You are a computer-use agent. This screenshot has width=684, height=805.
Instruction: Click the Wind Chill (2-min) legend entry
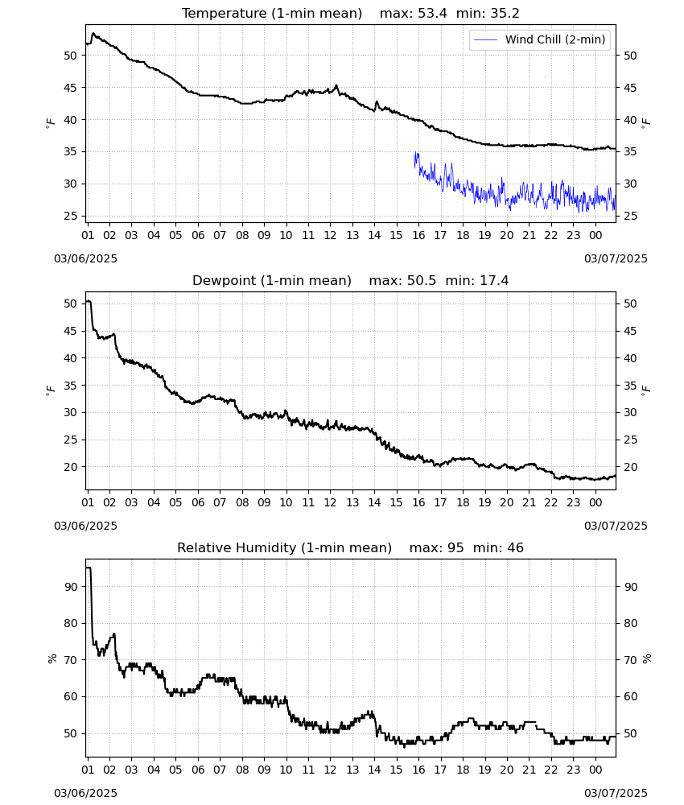point(540,39)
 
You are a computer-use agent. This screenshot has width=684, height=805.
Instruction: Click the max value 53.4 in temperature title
point(432,14)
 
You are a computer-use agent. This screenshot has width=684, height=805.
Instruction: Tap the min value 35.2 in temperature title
point(505,14)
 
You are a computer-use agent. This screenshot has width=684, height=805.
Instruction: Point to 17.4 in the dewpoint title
point(494,281)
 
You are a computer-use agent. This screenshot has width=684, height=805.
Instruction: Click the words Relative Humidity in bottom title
point(237,547)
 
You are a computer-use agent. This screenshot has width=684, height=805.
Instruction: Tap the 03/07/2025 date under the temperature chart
point(616,258)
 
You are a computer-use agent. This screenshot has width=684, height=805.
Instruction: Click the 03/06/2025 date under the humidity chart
point(85,793)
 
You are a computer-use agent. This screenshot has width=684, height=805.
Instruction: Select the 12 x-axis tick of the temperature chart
point(330,235)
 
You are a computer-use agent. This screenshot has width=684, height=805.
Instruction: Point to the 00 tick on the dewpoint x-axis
point(595,502)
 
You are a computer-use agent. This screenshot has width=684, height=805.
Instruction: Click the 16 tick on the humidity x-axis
point(418,770)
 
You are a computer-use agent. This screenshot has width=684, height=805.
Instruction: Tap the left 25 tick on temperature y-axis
point(70,216)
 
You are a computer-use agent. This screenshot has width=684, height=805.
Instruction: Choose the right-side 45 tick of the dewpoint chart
point(630,331)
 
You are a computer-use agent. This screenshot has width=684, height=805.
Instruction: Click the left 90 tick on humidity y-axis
point(70,587)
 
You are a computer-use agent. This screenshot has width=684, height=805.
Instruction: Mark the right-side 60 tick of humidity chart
point(630,696)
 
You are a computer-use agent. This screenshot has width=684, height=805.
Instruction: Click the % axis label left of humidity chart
point(52,658)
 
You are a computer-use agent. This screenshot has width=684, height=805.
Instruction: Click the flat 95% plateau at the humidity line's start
point(89,568)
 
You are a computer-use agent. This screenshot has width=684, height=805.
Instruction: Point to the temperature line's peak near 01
point(93,33)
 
